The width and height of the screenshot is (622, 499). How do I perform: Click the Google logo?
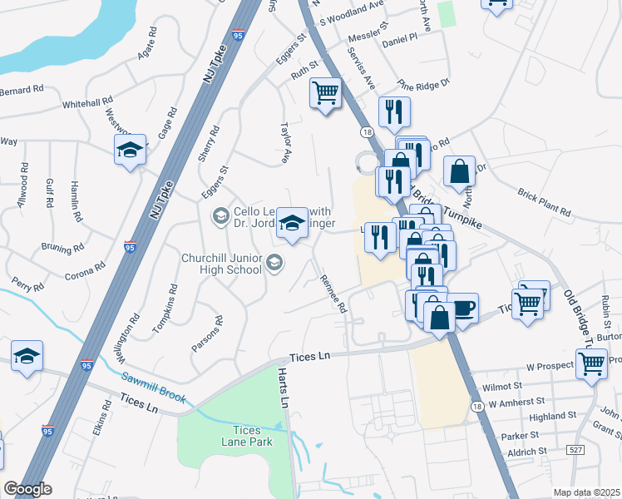(27, 489)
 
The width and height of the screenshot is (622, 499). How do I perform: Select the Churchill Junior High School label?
(223, 263)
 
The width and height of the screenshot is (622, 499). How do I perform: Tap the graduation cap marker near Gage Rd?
(130, 151)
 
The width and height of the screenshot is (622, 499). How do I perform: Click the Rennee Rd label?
(333, 294)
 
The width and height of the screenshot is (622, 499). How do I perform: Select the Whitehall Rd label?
(87, 103)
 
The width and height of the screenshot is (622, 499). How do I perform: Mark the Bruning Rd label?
(62, 248)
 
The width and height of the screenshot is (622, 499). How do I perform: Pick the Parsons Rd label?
(207, 333)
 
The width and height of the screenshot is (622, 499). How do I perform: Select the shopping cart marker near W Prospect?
(591, 363)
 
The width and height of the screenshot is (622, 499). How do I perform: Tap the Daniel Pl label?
(399, 39)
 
